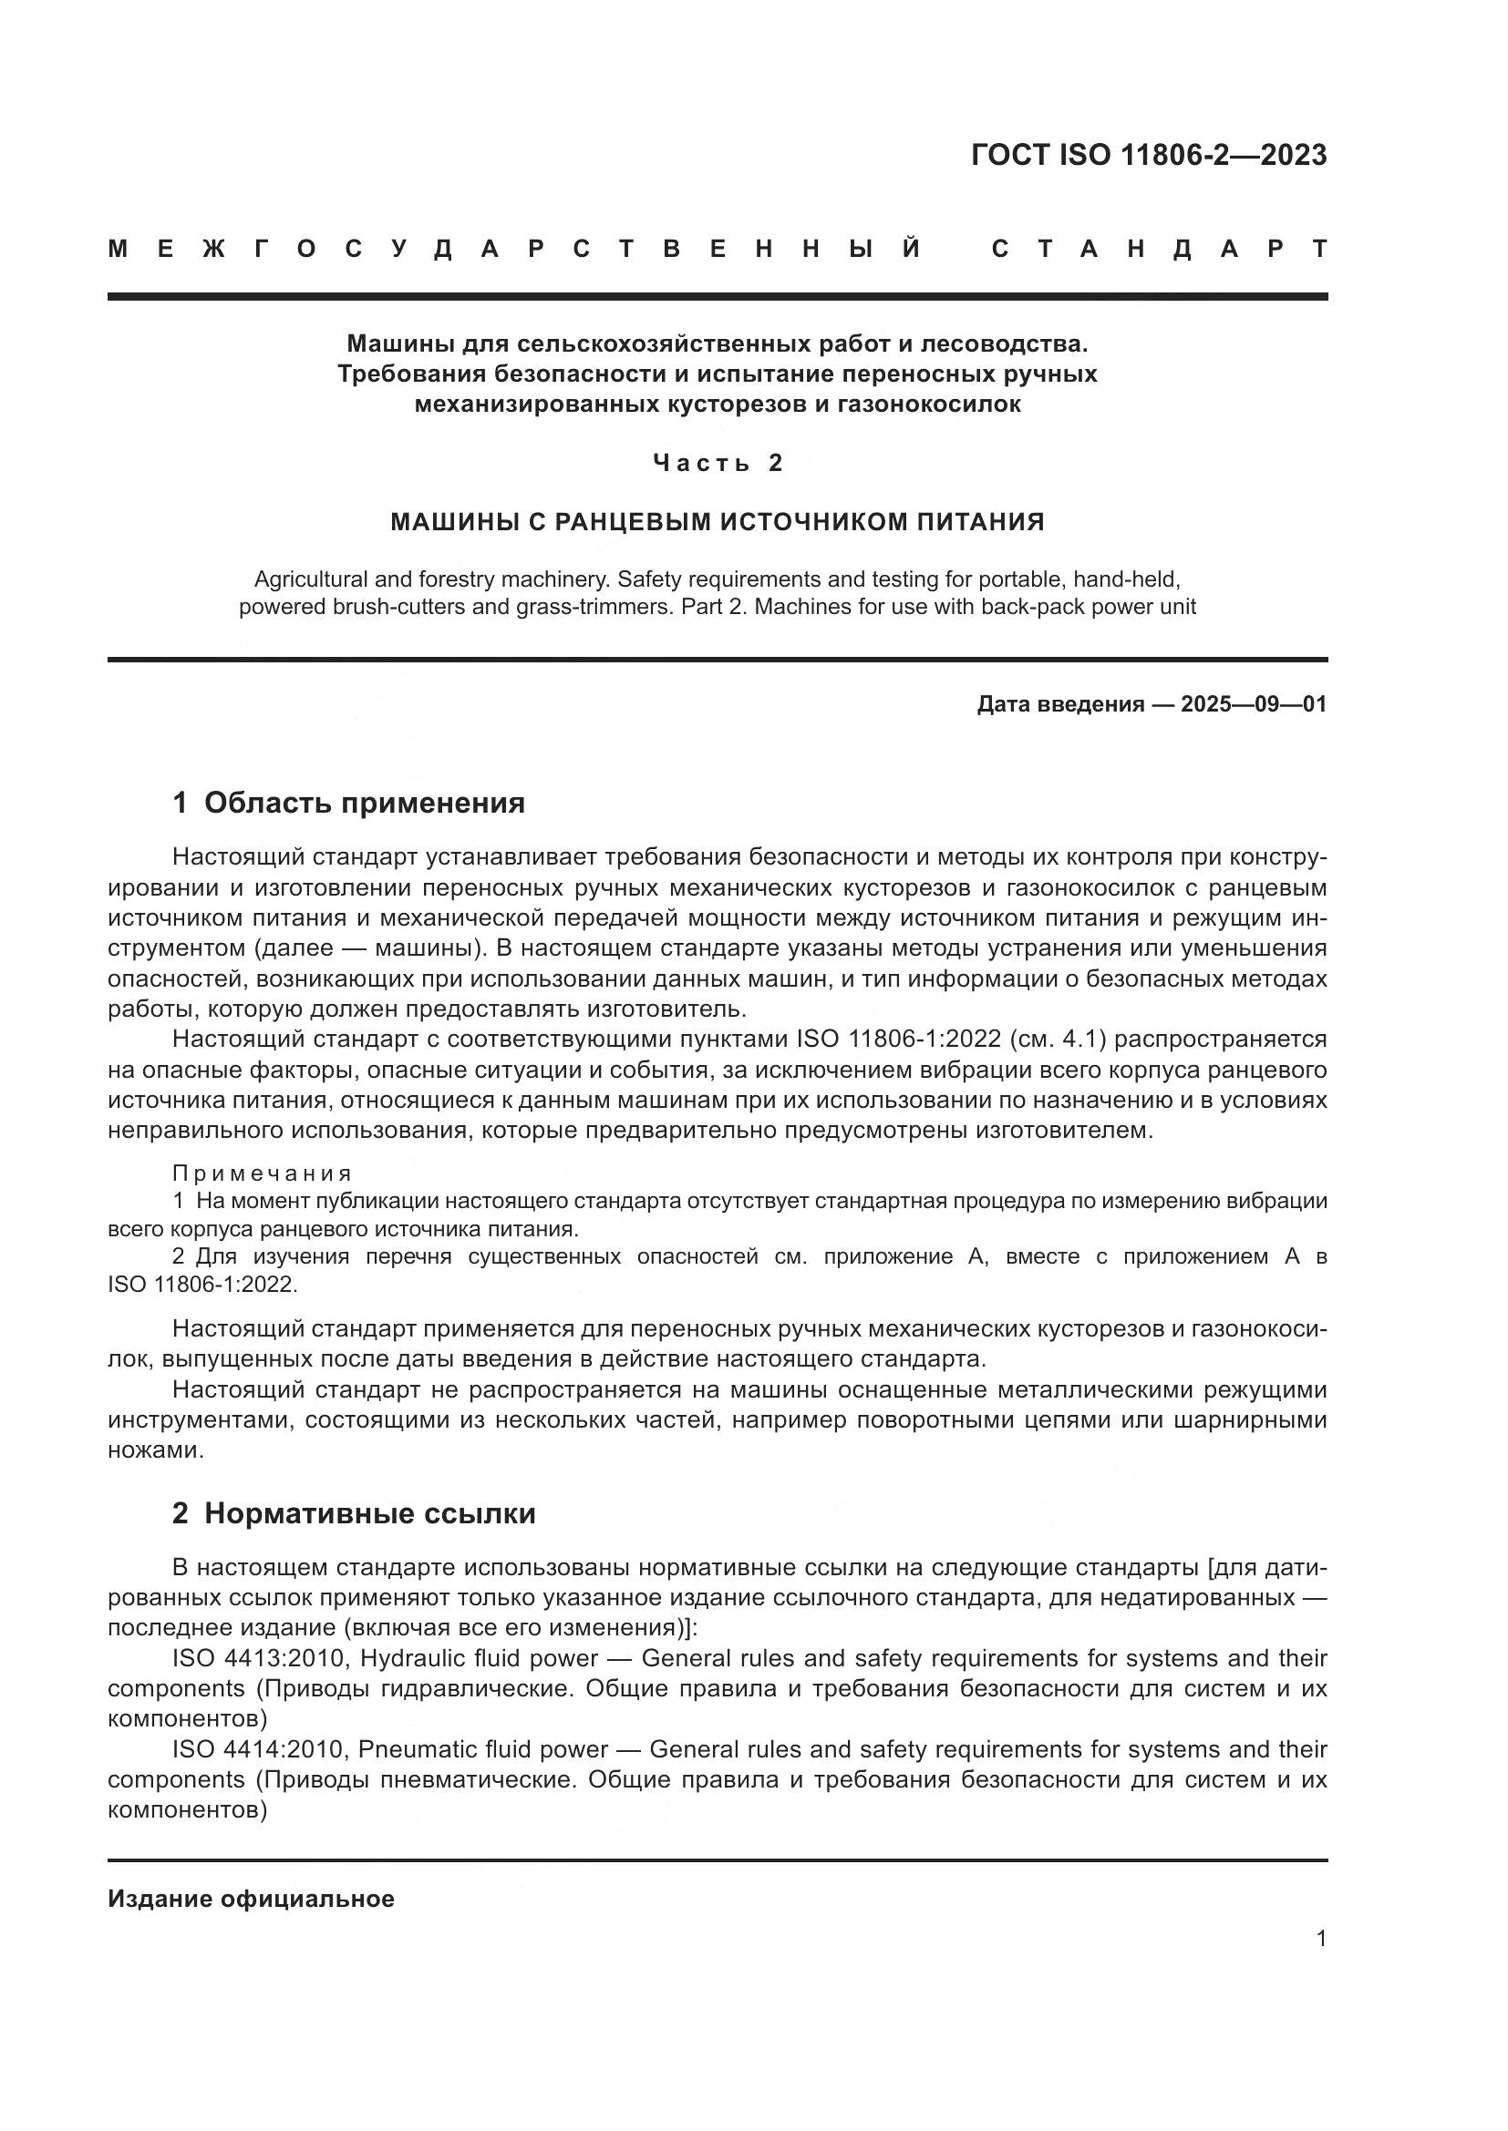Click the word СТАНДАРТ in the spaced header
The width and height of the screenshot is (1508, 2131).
point(1159,249)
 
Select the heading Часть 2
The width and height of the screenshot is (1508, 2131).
point(718,462)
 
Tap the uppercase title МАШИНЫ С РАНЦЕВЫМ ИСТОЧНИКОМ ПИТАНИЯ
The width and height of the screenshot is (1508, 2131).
point(717,522)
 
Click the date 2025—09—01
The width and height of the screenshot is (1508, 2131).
point(1254,703)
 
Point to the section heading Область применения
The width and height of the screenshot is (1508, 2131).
point(364,803)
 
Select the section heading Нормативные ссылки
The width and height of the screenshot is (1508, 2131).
point(369,1514)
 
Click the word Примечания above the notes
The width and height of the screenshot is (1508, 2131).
point(263,1173)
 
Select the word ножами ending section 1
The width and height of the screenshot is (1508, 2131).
point(155,1450)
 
